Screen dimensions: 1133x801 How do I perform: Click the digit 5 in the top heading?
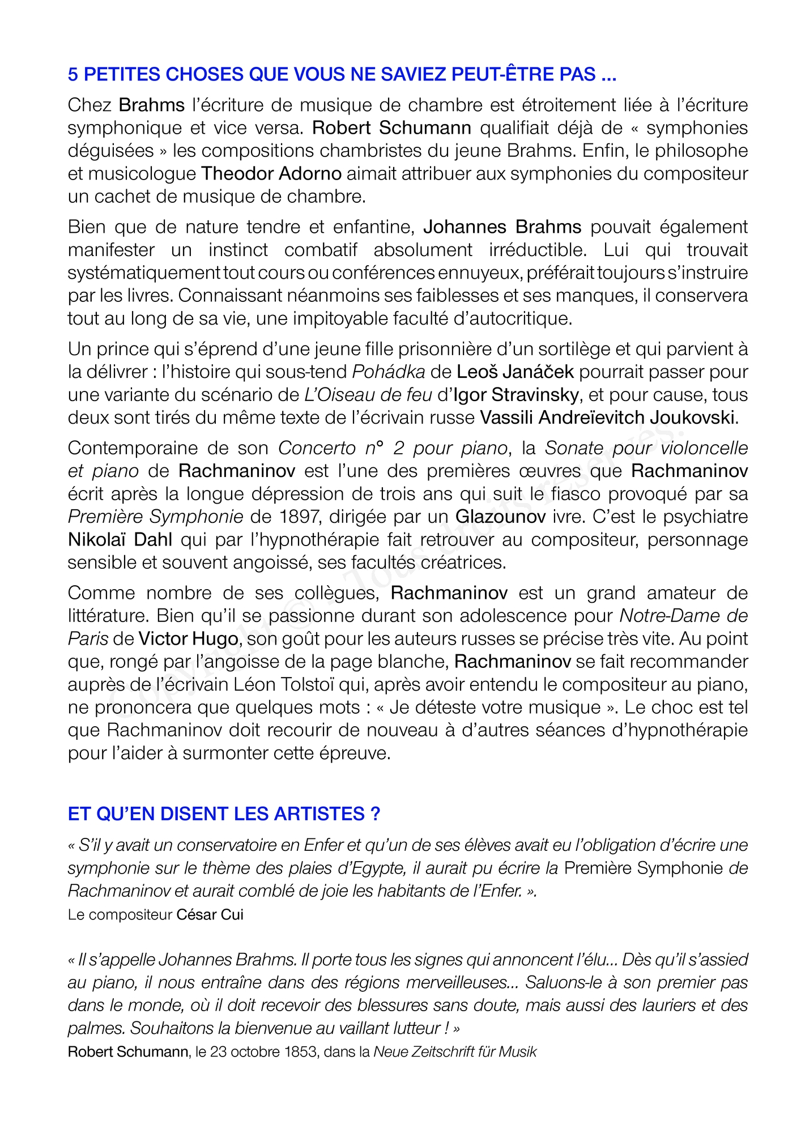73,74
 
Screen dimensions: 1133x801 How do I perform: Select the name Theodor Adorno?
271,173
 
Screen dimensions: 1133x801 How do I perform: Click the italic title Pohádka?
389,372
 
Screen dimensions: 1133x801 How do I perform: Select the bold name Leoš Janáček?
515,372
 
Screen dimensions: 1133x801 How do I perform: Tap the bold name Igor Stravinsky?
515,395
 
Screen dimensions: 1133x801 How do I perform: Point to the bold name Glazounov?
500,517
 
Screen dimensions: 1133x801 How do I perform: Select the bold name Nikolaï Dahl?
120,539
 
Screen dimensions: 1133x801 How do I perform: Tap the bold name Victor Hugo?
188,639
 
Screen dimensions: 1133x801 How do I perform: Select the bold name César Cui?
210,915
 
